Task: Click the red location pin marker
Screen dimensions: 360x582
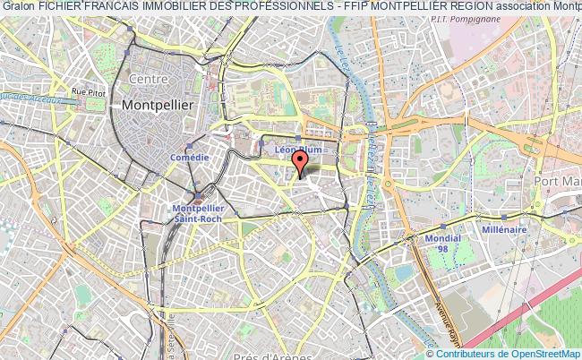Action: point(300,160)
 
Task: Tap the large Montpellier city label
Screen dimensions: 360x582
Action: point(157,105)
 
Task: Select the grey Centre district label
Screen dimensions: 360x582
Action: point(150,79)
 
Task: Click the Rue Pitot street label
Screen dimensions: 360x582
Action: point(90,90)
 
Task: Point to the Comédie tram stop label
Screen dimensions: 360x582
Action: point(189,158)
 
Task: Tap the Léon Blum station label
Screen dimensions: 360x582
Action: point(297,150)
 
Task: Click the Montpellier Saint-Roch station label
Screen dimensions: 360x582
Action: point(197,211)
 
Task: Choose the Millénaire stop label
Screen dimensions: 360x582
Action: point(504,229)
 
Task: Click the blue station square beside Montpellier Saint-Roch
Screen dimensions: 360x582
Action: point(198,198)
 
